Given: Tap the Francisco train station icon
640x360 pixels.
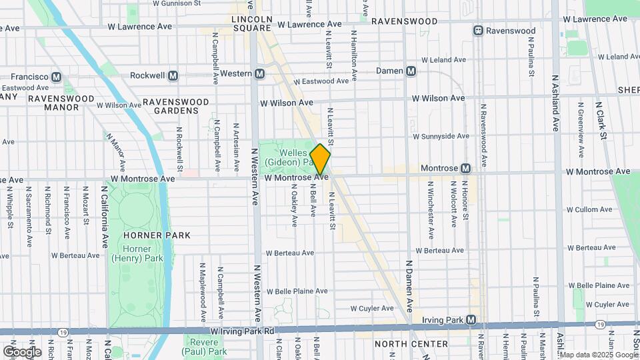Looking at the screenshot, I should click(x=56, y=77).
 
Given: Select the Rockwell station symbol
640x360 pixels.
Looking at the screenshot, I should click(x=173, y=75).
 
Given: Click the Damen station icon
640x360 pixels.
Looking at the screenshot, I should click(x=411, y=71).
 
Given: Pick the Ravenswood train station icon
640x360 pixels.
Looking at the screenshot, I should click(x=478, y=31).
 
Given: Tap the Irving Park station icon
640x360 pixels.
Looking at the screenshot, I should click(x=472, y=320).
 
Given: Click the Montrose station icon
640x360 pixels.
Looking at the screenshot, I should click(x=465, y=169).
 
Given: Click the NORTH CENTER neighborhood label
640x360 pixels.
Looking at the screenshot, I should click(x=411, y=344).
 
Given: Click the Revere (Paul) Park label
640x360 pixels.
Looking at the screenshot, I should click(x=205, y=347).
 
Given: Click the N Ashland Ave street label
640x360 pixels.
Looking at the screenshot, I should click(x=555, y=103).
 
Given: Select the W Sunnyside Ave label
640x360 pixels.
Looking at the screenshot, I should click(x=441, y=136).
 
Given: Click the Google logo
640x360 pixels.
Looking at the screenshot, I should click(x=22, y=351).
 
